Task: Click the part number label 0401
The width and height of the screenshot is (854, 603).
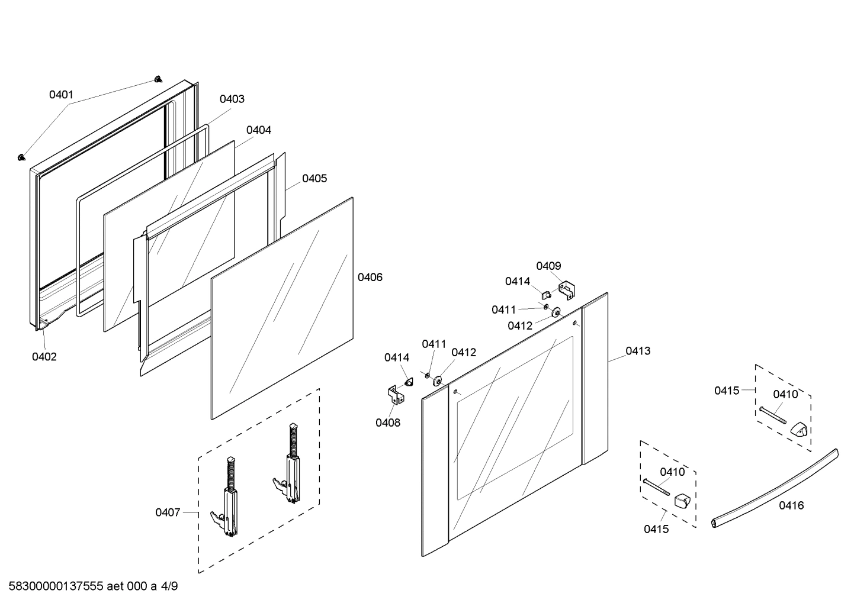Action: [x=61, y=94]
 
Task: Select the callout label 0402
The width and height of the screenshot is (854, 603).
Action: [x=44, y=356]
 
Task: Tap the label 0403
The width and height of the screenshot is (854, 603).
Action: [x=232, y=99]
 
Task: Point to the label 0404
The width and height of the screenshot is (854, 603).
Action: [x=259, y=130]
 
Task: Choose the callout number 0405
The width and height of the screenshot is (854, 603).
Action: [x=314, y=178]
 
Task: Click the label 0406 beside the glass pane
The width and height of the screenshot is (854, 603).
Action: [x=370, y=277]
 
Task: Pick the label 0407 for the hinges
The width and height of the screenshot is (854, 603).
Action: [x=168, y=512]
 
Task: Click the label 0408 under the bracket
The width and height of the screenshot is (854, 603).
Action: [x=387, y=423]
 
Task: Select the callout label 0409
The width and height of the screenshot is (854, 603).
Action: [x=548, y=266]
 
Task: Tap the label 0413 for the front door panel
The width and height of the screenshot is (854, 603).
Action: [x=638, y=351]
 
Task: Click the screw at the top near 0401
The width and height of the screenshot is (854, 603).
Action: [x=158, y=79]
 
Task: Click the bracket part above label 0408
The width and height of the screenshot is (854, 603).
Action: [x=394, y=395]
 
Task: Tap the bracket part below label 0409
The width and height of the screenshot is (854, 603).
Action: [x=568, y=289]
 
